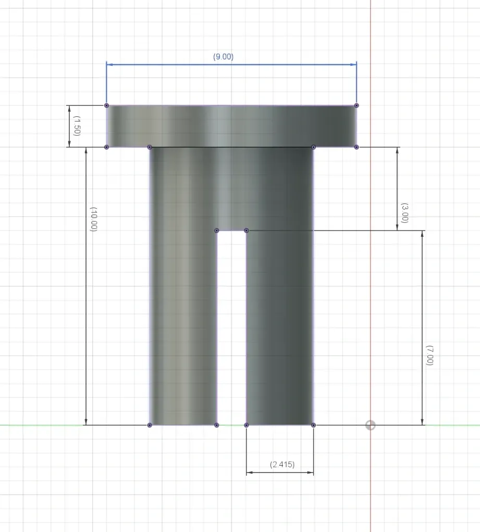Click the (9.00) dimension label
pyautogui.click(x=223, y=57)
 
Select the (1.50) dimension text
pyautogui.click(x=77, y=126)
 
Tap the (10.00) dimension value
pyautogui.click(x=93, y=219)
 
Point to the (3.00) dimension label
pyautogui.click(x=404, y=213)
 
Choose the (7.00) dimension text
pyautogui.click(x=429, y=355)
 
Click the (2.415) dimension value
pyautogui.click(x=282, y=464)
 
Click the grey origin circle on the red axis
pyautogui.click(x=370, y=425)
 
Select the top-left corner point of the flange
pyautogui.click(x=106, y=105)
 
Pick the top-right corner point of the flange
pyautogui.click(x=356, y=105)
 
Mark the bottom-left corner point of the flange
pyautogui.click(x=106, y=147)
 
